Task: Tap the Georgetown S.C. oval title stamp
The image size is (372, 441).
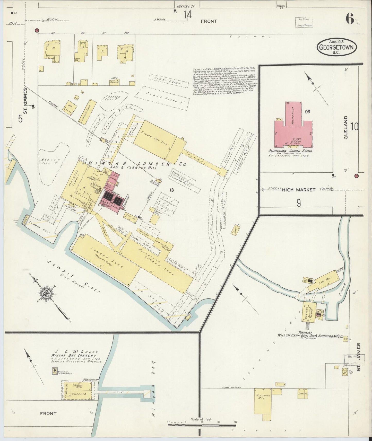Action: click(x=336, y=47)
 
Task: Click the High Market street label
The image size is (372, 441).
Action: click(x=299, y=190)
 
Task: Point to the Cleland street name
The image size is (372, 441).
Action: click(x=345, y=127)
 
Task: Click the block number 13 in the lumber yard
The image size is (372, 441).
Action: click(x=172, y=190)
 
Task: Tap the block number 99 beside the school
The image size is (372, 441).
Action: click(x=307, y=111)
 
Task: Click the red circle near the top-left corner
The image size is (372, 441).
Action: click(x=37, y=30)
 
